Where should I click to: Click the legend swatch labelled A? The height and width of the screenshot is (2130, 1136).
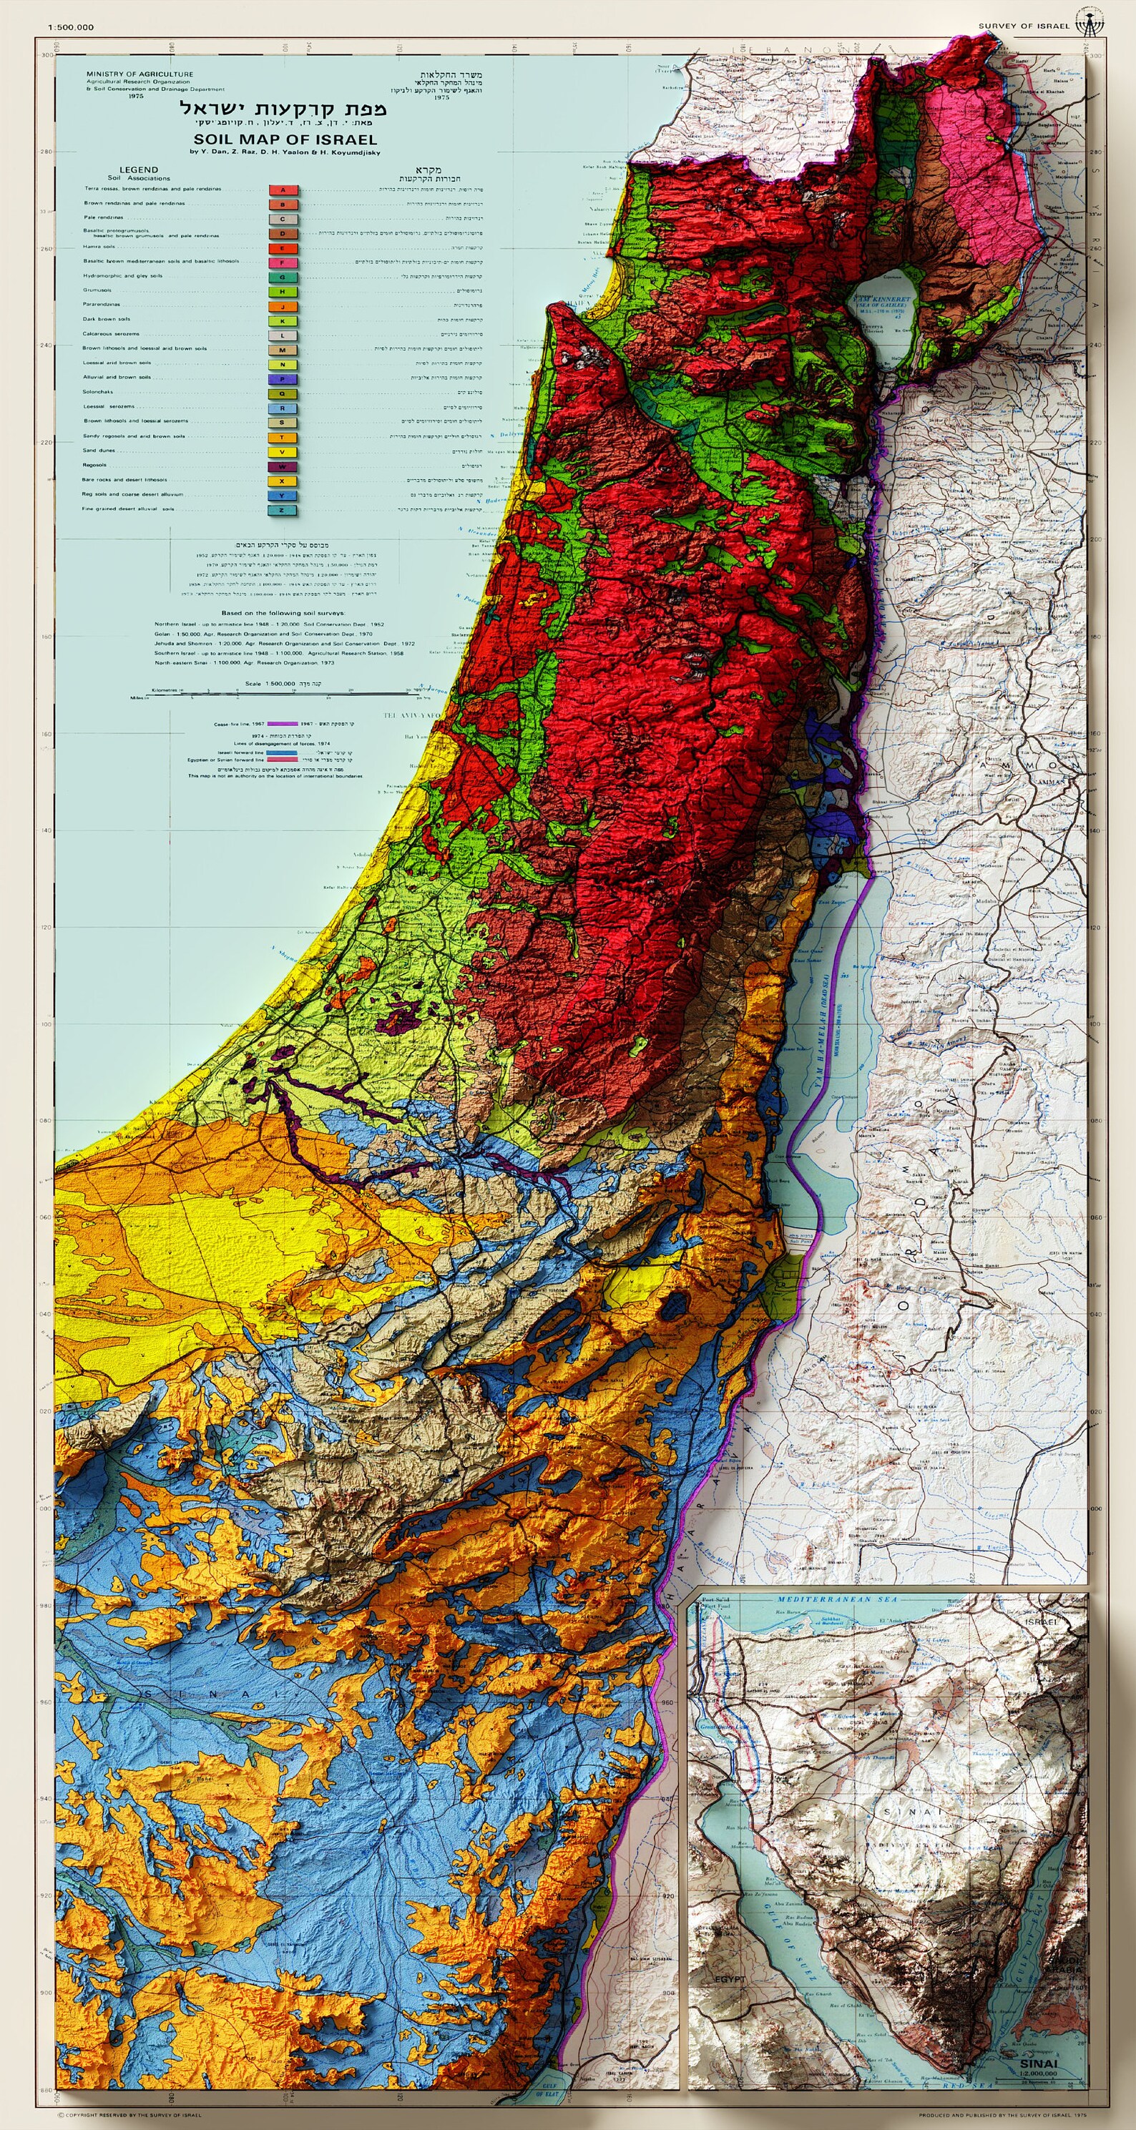point(283,190)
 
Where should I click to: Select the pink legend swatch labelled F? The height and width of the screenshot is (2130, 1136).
point(283,262)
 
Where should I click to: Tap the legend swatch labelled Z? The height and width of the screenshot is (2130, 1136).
point(283,510)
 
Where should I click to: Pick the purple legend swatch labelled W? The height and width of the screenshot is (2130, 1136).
point(283,466)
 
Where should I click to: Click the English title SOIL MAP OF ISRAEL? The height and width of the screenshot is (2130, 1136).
point(285,139)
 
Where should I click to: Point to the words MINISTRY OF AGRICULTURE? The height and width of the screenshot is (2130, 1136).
point(139,74)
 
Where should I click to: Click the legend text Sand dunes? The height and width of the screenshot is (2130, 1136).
point(99,451)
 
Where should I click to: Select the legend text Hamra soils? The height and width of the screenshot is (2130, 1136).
point(99,247)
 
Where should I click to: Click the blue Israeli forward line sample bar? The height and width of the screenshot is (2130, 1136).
point(281,753)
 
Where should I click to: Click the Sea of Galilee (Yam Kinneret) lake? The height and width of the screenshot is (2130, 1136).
point(885,323)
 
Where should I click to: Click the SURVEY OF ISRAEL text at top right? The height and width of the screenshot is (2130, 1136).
point(1024,26)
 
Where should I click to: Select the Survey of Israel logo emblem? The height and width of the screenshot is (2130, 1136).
point(1089,23)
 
